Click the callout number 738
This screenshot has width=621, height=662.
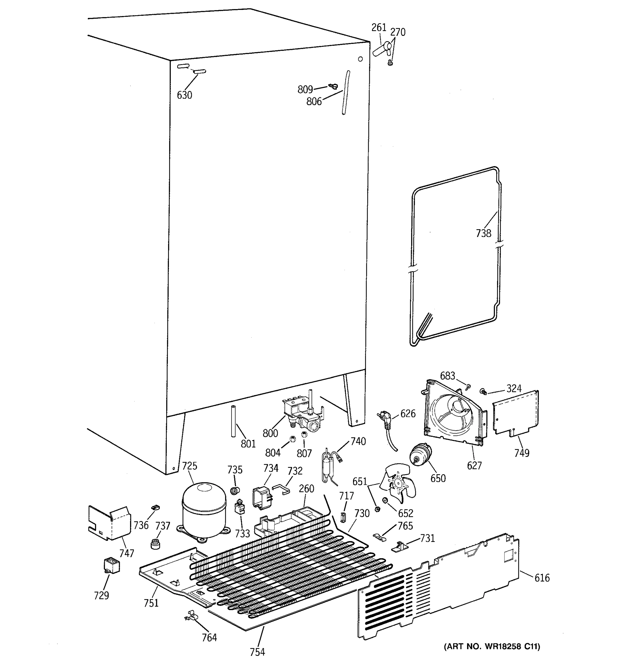(x=483, y=233)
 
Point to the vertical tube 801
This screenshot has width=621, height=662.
(x=233, y=421)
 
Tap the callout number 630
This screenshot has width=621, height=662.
(x=184, y=95)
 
